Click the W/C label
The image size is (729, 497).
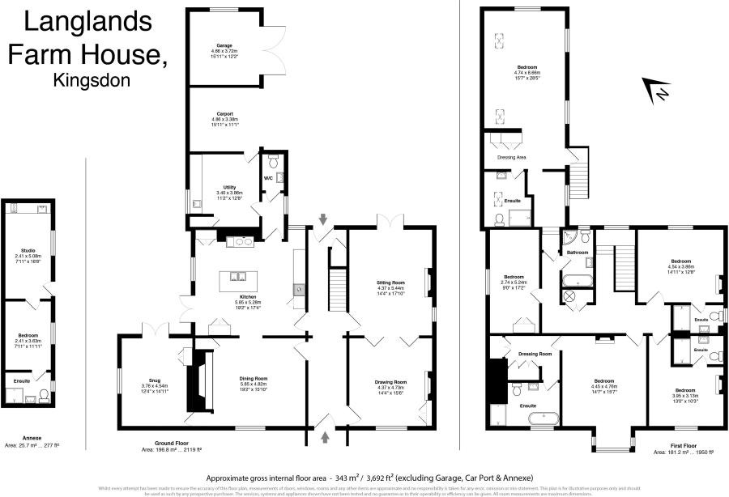click(268, 178)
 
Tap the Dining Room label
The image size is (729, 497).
click(254, 379)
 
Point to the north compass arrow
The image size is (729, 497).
click(657, 91)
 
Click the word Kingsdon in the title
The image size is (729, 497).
click(92, 81)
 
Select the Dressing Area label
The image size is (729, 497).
click(511, 157)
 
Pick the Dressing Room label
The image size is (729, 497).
click(535, 354)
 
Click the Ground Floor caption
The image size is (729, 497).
click(158, 443)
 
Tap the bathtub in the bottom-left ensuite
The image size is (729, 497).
click(541, 419)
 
